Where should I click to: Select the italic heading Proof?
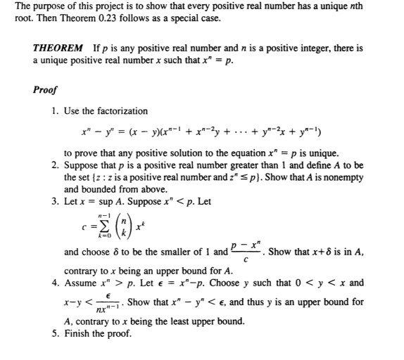point(45,89)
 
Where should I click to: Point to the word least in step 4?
point(180,321)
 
